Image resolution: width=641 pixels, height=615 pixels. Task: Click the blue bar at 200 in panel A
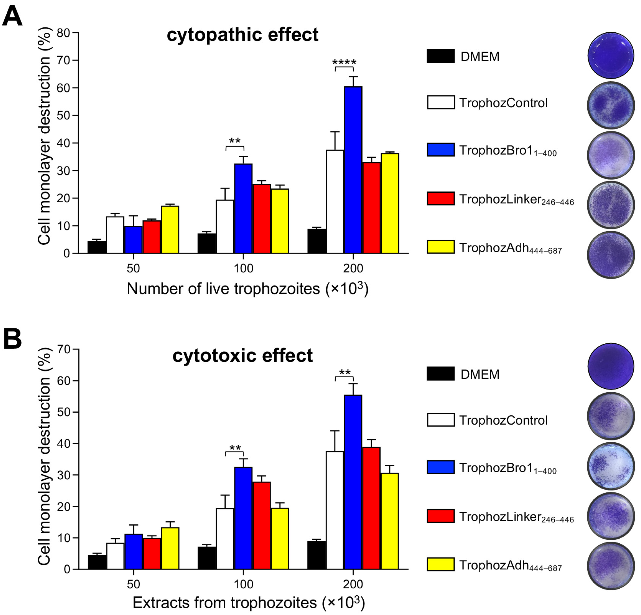click(x=353, y=170)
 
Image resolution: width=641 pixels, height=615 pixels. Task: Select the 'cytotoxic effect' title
click(x=242, y=356)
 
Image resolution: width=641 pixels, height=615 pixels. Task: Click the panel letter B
click(x=12, y=339)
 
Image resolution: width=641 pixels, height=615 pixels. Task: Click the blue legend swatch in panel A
click(x=440, y=149)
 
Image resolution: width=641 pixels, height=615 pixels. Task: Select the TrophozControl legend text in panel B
click(x=503, y=420)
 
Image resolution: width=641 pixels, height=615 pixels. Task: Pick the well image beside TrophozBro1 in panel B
click(x=611, y=466)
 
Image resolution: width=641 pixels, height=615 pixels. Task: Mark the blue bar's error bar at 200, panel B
click(x=353, y=389)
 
